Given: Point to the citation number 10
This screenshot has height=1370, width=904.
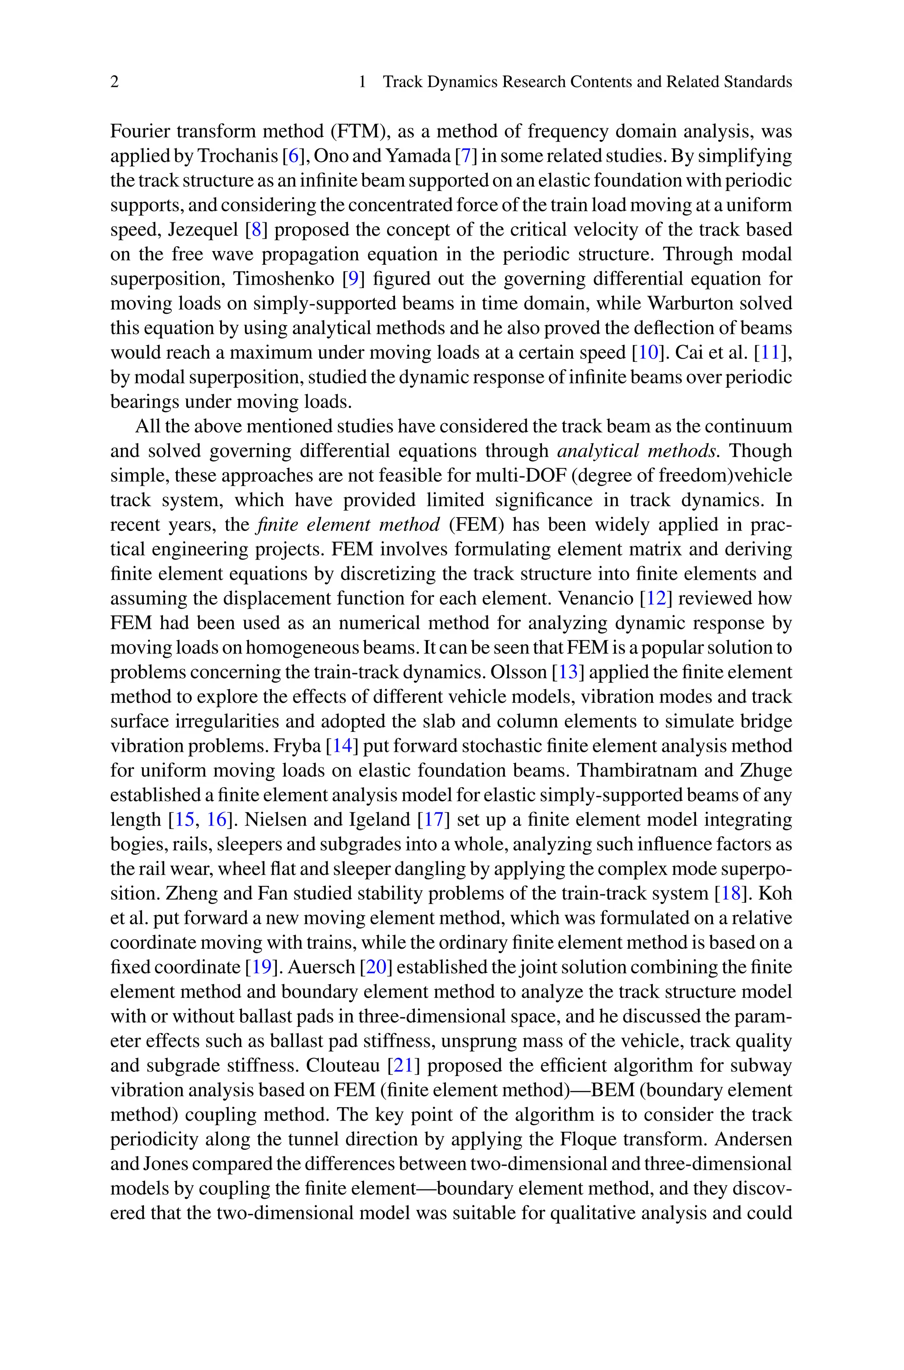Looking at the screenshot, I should [x=648, y=353].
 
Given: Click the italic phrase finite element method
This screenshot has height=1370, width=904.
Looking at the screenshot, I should [x=349, y=525].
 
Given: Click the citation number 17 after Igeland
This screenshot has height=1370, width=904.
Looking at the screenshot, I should [x=433, y=820].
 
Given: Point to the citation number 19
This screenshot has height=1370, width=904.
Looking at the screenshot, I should [x=262, y=967].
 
